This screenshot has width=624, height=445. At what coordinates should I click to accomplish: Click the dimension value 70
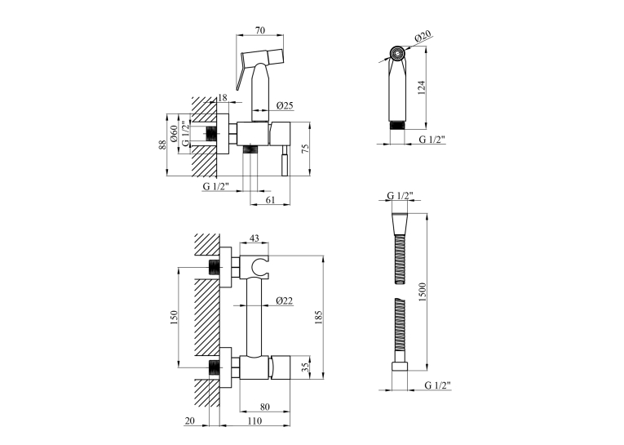coord(260,30)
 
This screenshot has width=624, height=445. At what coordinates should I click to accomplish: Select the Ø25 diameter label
coord(285,105)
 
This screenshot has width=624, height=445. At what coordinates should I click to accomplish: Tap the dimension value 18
coord(223,98)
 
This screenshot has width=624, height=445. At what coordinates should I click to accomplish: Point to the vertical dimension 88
coord(162,145)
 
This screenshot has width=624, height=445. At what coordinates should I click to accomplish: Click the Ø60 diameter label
coord(174,134)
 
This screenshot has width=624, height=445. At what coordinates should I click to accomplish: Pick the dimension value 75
coord(305,149)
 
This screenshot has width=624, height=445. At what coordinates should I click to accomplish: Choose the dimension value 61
coord(270,200)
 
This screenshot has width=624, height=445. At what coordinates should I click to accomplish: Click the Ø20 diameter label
coord(423,37)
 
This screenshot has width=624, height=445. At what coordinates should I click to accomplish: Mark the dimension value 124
coord(422,88)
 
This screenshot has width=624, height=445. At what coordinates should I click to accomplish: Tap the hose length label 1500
coord(423,292)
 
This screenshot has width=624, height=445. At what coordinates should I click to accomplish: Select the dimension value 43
coord(254,238)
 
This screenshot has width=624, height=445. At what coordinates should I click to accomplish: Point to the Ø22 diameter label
coord(285,301)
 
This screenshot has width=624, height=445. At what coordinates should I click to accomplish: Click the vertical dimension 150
coord(174,318)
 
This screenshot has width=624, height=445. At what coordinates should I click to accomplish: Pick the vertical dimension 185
coord(318,318)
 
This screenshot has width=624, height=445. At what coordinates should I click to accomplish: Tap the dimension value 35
coord(305,367)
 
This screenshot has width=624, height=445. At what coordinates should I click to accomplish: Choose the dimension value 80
coord(264,407)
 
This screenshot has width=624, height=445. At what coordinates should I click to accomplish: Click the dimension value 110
coord(254,421)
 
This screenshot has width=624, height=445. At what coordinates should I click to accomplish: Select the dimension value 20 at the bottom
coord(190,421)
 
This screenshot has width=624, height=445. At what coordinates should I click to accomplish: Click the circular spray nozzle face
coord(396,53)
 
